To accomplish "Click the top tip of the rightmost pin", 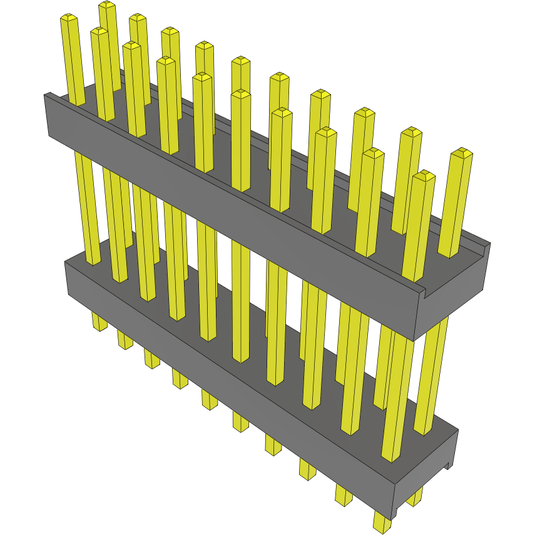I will pyautogui.click(x=462, y=153).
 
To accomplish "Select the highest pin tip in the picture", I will pyautogui.click(x=107, y=6).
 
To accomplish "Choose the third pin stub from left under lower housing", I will pyautogui.click(x=151, y=359).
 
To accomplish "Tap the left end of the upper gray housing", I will pyautogui.click(x=48, y=116).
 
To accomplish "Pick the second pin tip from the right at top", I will pyautogui.click(x=424, y=176).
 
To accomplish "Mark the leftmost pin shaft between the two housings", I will pyautogui.click(x=88, y=206).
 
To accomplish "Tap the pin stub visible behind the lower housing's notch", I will pyautogui.click(x=414, y=497).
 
